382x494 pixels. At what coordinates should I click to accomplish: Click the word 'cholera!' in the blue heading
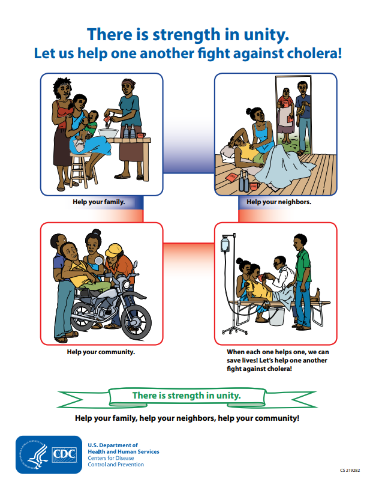coord(314,53)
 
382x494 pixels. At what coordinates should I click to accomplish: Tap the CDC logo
coord(49,454)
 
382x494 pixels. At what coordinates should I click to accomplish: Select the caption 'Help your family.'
coord(99,202)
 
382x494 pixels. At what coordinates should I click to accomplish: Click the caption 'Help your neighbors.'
coord(279,202)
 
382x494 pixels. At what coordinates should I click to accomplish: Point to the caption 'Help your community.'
coord(101,352)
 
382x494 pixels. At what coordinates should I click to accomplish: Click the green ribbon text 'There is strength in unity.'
coord(187,396)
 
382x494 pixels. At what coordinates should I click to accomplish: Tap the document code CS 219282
coord(350,471)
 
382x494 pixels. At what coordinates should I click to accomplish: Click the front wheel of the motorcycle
coord(136,321)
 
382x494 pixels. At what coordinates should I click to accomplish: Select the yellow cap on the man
coord(113,250)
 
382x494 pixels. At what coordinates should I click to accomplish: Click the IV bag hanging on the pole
coord(225,244)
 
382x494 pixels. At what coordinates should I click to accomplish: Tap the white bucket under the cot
coord(276,316)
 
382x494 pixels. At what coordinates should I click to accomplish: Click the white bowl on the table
coord(108,133)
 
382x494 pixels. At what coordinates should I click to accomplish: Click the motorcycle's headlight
coord(127,284)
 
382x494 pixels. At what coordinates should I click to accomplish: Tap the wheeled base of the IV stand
coord(234,331)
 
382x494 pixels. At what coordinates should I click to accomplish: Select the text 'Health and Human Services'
coord(124,451)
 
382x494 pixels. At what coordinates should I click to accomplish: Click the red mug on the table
coord(141,135)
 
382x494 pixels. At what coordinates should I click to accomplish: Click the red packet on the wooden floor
coord(232,176)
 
